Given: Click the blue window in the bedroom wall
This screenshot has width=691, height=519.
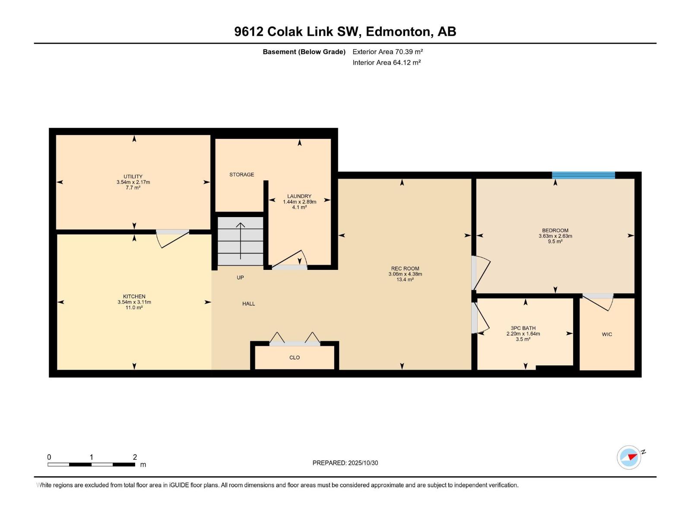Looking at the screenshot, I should [583, 175].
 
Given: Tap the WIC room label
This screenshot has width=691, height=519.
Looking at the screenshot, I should [607, 334].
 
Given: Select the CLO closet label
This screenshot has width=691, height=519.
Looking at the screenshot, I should [295, 358].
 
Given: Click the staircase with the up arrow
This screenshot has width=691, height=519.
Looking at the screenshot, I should [240, 241].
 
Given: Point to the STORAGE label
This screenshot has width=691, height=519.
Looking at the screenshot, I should [241, 175].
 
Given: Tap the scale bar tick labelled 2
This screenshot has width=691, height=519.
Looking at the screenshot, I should [135, 457].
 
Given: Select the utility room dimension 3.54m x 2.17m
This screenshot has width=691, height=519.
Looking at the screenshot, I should [133, 183].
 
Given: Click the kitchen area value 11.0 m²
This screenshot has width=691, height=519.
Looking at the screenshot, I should [134, 308].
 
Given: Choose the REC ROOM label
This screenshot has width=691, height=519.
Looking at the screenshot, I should [405, 269].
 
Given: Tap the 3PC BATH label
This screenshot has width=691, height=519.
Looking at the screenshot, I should [523, 328].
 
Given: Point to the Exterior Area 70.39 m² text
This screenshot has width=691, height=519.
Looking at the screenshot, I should [387, 51].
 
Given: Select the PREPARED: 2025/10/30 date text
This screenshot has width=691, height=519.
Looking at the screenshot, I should [345, 463].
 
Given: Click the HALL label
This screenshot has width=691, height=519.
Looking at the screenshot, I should [248, 304].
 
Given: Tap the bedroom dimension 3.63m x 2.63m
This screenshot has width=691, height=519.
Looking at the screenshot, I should [555, 236].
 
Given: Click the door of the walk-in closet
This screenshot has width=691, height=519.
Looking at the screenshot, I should [598, 301].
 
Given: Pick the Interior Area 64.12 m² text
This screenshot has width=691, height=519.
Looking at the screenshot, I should [387, 62].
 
